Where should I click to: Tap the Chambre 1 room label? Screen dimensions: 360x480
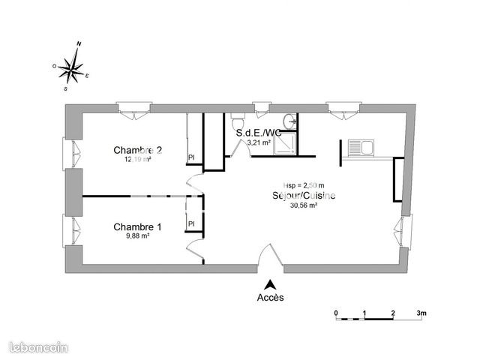(x=137, y=226)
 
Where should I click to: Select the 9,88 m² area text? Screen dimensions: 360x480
(x=137, y=236)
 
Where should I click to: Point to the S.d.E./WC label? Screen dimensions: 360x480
(x=259, y=133)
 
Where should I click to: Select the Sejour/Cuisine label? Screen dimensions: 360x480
(x=304, y=196)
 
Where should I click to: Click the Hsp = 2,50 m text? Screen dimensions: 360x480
(x=304, y=185)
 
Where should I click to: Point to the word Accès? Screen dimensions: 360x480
(x=271, y=296)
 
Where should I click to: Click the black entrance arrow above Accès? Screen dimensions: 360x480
(x=271, y=283)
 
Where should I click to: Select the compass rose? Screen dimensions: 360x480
(x=72, y=68)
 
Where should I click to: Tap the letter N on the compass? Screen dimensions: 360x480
(x=79, y=44)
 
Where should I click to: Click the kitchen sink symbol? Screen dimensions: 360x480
(x=360, y=148)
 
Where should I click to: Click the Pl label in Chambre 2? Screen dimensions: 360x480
(x=191, y=157)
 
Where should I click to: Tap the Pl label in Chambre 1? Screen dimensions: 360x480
(x=191, y=223)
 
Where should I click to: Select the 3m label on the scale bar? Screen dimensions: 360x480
(x=421, y=312)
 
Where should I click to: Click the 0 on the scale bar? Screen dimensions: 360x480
(x=337, y=312)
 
